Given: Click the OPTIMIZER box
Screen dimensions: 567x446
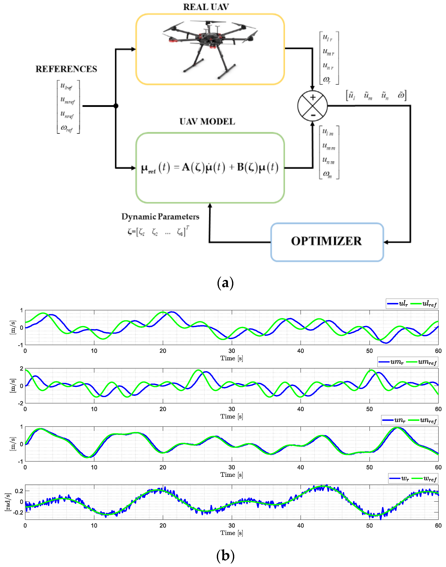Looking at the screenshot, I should tap(327, 242).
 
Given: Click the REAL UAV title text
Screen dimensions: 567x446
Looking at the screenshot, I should tap(206, 7).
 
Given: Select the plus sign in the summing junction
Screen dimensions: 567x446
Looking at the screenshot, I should tap(313, 98).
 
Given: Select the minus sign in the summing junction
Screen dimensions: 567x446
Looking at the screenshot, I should tap(313, 115).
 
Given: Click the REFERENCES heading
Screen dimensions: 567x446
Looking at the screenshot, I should tap(66, 69).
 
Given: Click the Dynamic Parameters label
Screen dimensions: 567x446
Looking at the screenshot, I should tap(160, 217).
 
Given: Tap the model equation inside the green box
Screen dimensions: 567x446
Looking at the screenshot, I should tap(210, 168).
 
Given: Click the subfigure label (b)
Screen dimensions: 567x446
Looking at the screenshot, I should tap(225, 556).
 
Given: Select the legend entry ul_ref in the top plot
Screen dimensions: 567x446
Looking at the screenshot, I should tap(424, 304).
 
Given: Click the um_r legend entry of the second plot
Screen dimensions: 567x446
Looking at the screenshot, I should tap(391, 362).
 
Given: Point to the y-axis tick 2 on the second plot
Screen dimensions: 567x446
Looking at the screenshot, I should tap(21, 369).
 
